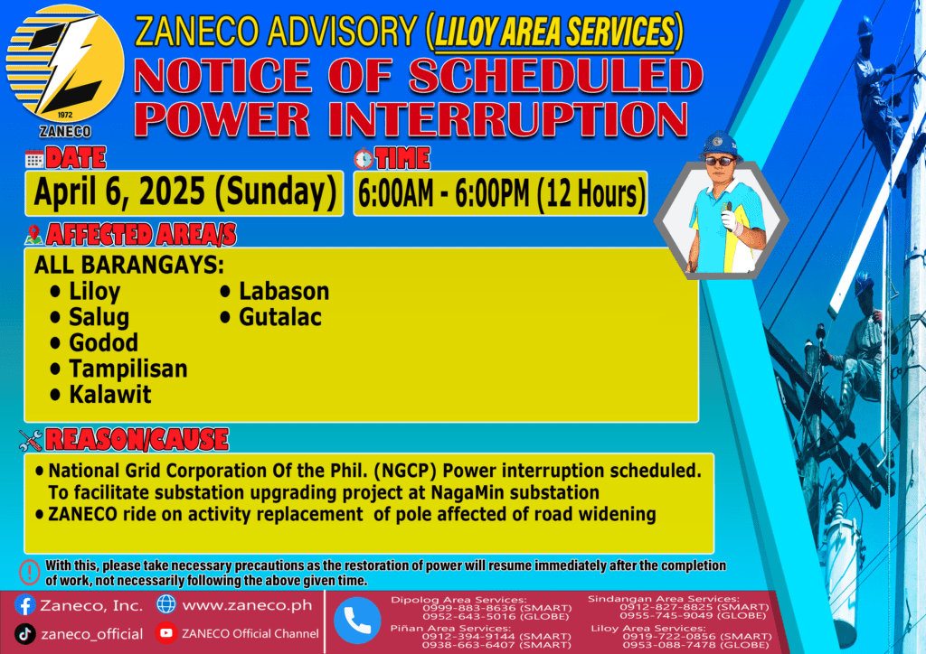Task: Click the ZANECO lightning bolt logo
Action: (65, 64)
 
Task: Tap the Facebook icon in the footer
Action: (24, 605)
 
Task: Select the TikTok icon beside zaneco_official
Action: (24, 634)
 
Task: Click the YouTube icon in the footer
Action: (166, 633)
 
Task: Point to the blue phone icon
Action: (357, 621)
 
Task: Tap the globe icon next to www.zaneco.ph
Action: (166, 604)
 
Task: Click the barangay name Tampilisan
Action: (128, 369)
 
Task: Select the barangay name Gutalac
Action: (280, 317)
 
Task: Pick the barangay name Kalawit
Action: (109, 395)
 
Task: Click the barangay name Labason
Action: (284, 292)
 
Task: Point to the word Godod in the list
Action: (103, 342)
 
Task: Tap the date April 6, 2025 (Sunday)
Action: (184, 192)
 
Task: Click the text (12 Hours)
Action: (591, 194)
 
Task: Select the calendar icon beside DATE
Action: (34, 159)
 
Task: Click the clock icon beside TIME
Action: (364, 158)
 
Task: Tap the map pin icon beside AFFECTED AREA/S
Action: (33, 235)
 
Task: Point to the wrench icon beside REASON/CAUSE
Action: (31, 440)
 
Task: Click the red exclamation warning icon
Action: (30, 572)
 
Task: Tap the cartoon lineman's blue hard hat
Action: (721, 145)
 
